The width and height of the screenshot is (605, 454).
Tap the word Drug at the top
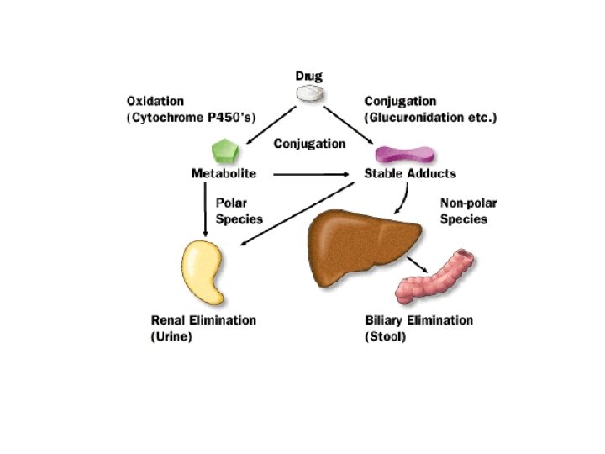pyautogui.click(x=309, y=76)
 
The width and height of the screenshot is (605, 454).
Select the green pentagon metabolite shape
pyautogui.click(x=223, y=151)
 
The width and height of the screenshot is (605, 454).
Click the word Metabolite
pyautogui.click(x=223, y=174)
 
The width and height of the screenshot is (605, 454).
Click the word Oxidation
pyautogui.click(x=155, y=102)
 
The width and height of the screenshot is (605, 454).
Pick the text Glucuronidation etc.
pyautogui.click(x=429, y=117)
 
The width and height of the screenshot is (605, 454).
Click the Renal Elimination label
pyautogui.click(x=203, y=320)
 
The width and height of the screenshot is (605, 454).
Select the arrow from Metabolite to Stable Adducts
pyautogui.click(x=311, y=175)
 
